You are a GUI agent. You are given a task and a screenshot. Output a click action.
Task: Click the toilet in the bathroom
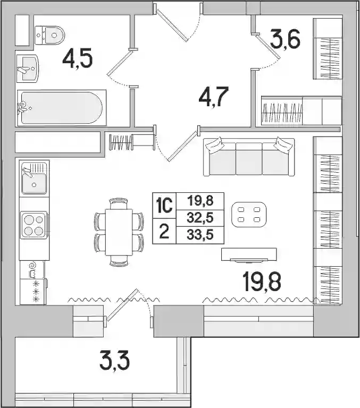49,35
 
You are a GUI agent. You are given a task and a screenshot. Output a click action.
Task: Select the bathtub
62,108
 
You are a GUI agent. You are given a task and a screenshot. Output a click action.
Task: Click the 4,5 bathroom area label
78,59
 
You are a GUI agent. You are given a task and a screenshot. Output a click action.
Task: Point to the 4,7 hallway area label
214,97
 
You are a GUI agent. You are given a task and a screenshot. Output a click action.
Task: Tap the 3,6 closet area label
285,39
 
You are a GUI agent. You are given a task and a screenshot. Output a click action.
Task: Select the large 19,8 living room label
262,282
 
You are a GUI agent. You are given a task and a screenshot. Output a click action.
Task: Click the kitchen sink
34,178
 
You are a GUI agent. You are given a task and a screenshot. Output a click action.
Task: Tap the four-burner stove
34,225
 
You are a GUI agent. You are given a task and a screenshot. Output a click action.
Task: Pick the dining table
119,232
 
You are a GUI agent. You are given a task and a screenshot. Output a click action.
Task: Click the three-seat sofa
249,157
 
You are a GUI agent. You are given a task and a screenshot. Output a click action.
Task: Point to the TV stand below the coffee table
249,254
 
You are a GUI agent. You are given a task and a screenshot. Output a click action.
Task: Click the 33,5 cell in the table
200,235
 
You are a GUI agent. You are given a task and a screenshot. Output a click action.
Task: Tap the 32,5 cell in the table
200,218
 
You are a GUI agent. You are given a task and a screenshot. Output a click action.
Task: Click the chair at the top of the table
119,203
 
